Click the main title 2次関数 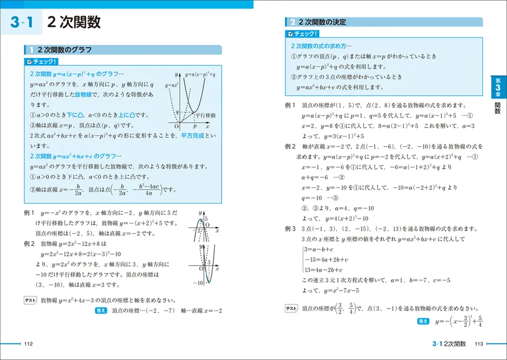(73, 24)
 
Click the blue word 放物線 (84, 95)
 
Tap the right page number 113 (479, 344)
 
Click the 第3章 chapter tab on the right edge (497, 86)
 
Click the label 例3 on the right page (291, 229)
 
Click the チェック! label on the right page (303, 34)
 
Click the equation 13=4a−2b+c (324, 269)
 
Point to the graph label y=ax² (170, 85)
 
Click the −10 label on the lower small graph (197, 283)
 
